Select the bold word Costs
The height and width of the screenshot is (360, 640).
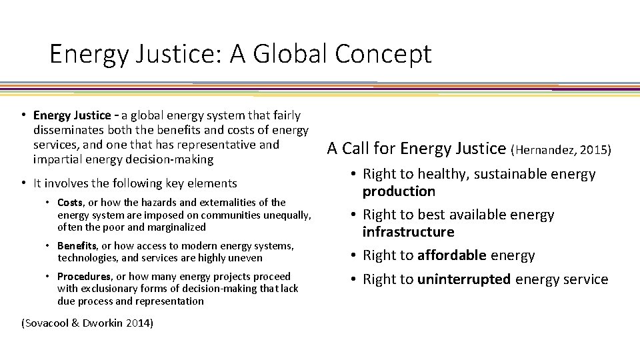pyautogui.click(x=70, y=202)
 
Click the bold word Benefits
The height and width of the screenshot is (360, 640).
pyautogui.click(x=77, y=246)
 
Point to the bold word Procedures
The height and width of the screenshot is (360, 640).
pyautogui.click(x=84, y=276)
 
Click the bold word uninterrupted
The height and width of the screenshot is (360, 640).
pyautogui.click(x=464, y=279)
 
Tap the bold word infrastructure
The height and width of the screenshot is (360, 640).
pyautogui.click(x=408, y=232)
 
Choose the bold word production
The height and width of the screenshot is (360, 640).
pyautogui.click(x=399, y=191)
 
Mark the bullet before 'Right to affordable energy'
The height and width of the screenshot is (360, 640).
pyautogui.click(x=352, y=255)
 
